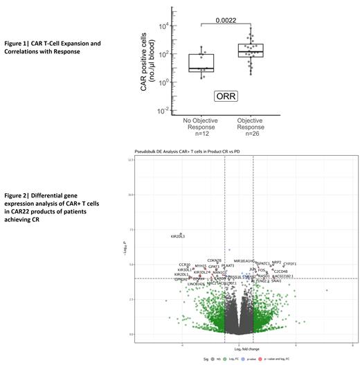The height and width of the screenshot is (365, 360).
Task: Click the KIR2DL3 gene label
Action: click(x=178, y=237)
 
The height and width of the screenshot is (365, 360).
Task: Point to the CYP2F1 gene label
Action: click(x=290, y=264)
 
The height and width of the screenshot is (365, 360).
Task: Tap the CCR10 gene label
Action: click(x=184, y=265)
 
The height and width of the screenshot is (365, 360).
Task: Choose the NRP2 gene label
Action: click(x=277, y=262)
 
